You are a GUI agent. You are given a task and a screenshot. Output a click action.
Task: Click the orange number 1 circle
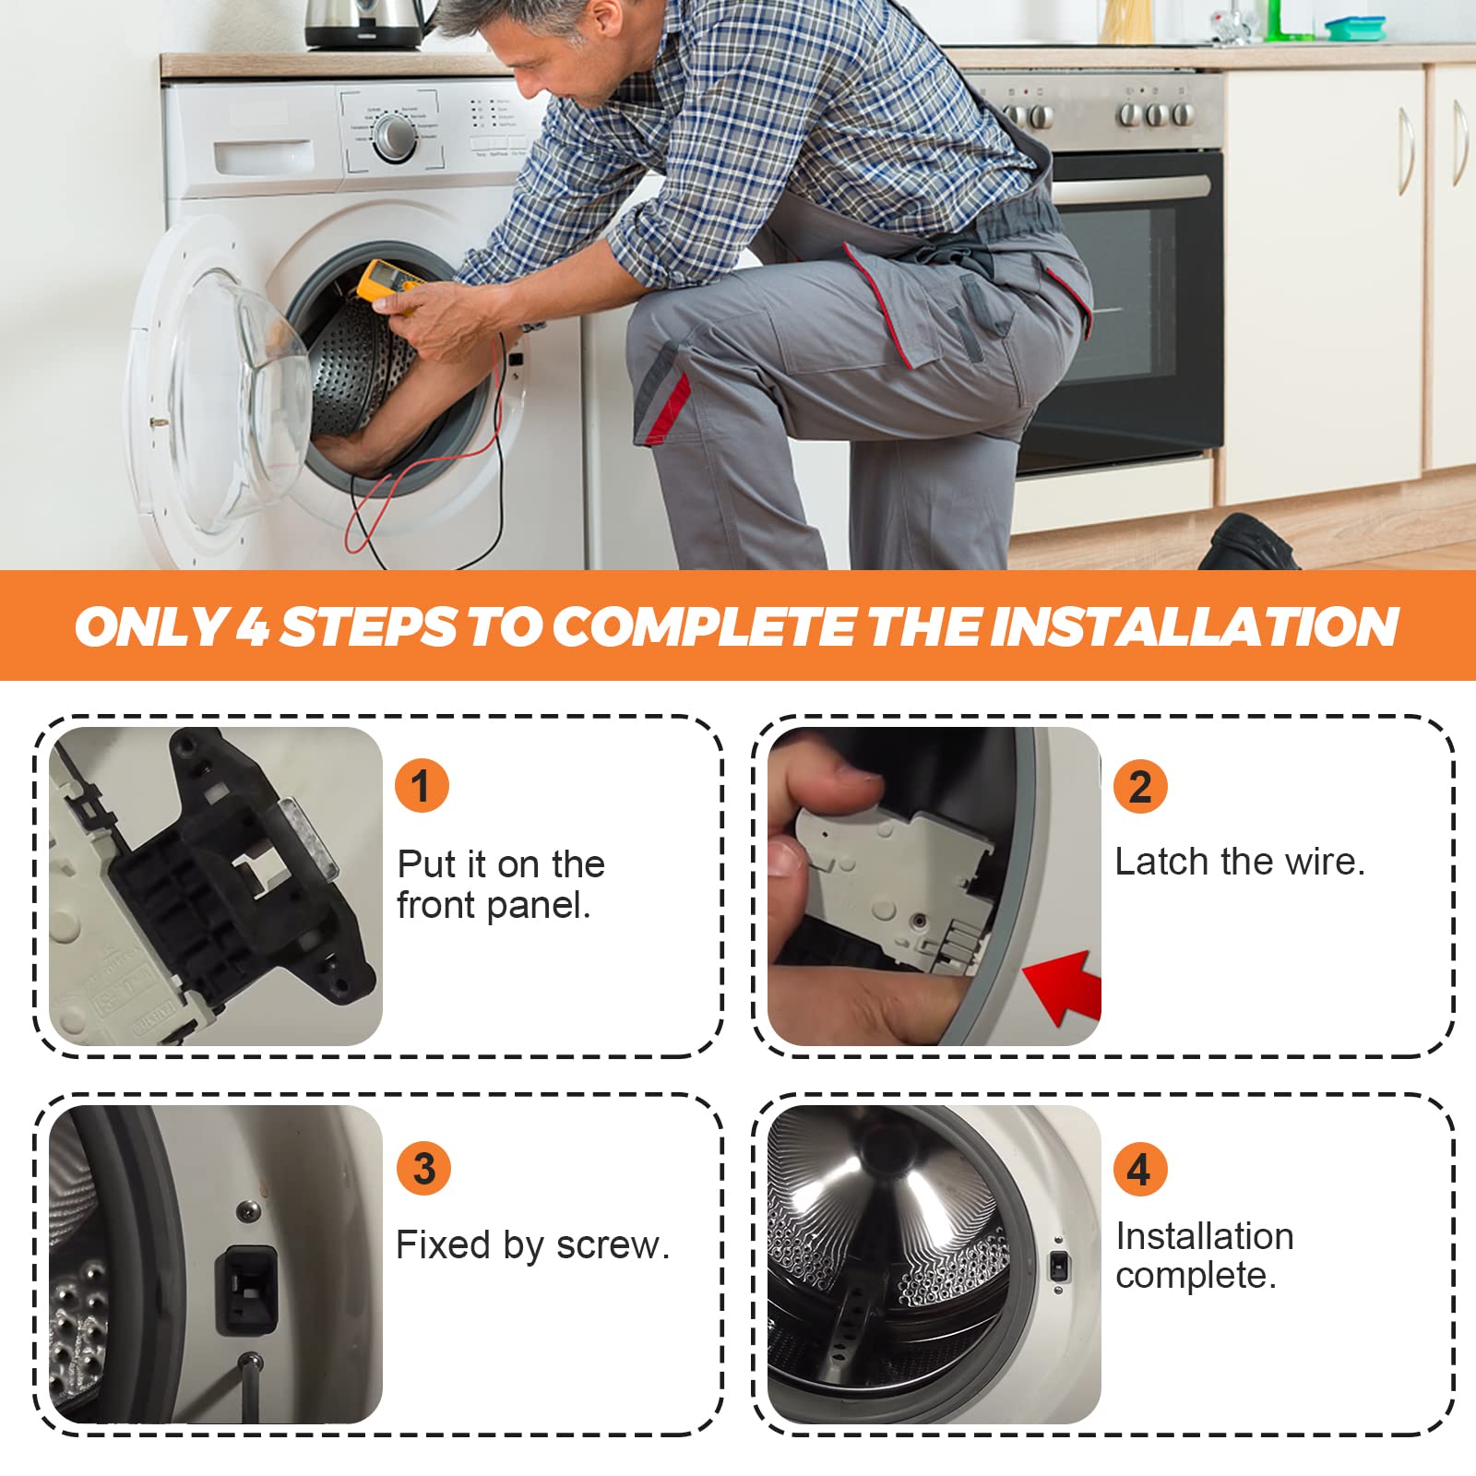(x=422, y=786)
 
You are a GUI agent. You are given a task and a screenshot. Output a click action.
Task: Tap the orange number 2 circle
(x=1140, y=787)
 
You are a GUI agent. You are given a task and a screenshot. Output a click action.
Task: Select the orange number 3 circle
(x=423, y=1168)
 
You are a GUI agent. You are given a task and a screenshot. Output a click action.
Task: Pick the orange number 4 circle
(x=1139, y=1169)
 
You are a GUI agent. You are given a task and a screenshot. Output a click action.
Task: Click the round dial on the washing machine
(x=395, y=137)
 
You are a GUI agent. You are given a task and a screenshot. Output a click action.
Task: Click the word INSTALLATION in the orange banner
(x=1195, y=627)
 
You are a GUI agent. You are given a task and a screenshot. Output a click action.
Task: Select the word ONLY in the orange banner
(x=150, y=627)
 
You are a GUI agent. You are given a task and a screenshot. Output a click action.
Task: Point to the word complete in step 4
(x=1196, y=1276)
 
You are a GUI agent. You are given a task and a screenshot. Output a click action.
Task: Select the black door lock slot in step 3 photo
(x=245, y=1290)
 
